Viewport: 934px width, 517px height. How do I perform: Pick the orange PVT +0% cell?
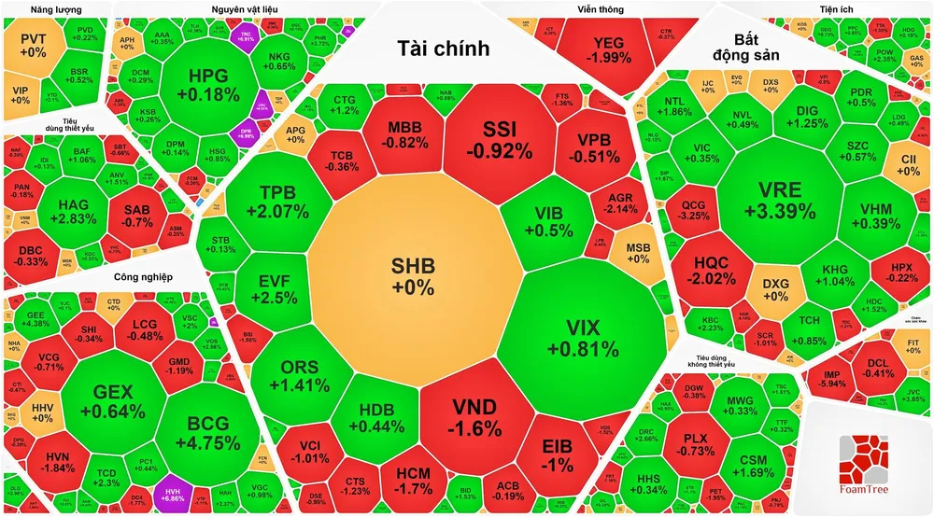pos(33,47)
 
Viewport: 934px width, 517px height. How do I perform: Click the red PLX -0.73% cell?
pos(694,444)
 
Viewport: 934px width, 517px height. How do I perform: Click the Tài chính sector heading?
pos(443,49)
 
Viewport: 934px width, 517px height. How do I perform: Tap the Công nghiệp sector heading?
pos(146,277)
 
